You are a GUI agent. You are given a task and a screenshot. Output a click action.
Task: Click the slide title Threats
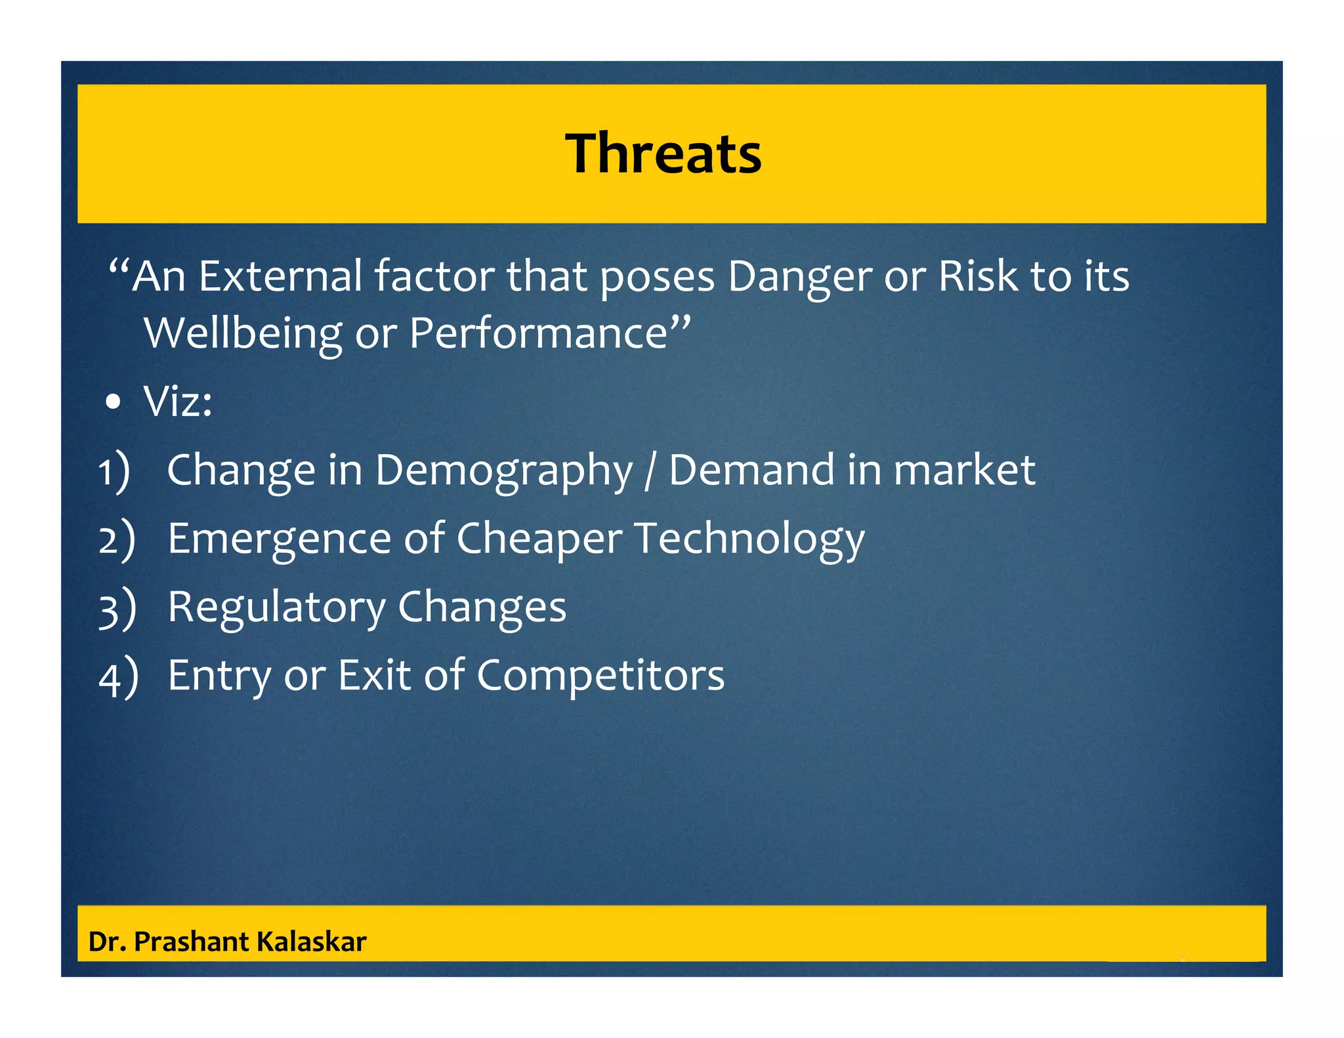pyautogui.click(x=663, y=154)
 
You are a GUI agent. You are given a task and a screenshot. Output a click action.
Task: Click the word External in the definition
pyautogui.click(x=280, y=276)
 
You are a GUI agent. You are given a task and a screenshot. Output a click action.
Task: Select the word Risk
pyautogui.click(x=978, y=276)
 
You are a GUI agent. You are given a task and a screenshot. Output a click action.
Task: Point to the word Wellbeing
pyautogui.click(x=242, y=334)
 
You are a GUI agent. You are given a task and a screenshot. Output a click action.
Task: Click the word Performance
pyautogui.click(x=538, y=334)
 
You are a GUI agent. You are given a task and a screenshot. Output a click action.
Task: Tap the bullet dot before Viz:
pyautogui.click(x=114, y=402)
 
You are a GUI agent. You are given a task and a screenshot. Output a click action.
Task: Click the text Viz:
pyautogui.click(x=178, y=402)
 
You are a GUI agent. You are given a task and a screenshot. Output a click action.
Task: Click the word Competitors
pyautogui.click(x=600, y=676)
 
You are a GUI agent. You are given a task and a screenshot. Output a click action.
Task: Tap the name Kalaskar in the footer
pyautogui.click(x=311, y=942)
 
